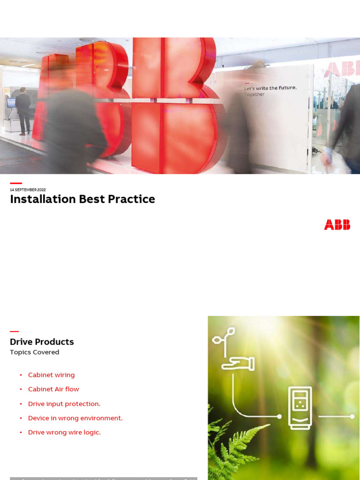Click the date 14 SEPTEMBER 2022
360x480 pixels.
click(x=28, y=190)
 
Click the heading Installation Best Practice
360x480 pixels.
click(x=82, y=199)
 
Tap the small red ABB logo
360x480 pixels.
click(x=337, y=225)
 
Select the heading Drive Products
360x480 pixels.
click(x=42, y=342)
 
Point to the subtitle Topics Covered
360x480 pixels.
click(x=35, y=352)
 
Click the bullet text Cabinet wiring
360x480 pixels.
click(x=51, y=375)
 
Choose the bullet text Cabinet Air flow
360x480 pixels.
click(x=53, y=389)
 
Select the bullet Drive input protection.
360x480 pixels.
click(x=64, y=404)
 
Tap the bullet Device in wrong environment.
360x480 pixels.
click(x=75, y=418)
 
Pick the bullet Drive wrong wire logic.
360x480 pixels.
click(x=64, y=432)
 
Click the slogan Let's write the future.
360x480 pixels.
click(x=270, y=88)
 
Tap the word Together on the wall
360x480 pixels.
click(x=254, y=95)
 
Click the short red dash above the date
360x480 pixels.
click(x=16, y=183)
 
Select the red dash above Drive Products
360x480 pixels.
click(x=14, y=331)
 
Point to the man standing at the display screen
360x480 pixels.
click(x=23, y=110)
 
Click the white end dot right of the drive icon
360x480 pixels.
click(x=352, y=416)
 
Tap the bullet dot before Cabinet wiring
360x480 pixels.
click(x=21, y=375)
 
